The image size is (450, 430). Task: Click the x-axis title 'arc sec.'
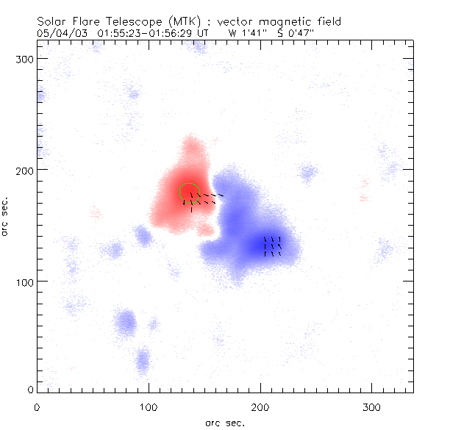(x=225, y=423)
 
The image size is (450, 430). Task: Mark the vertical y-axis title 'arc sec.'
(x=6, y=215)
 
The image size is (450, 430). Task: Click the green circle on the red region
(x=190, y=193)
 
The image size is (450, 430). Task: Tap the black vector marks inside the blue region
(x=272, y=246)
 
